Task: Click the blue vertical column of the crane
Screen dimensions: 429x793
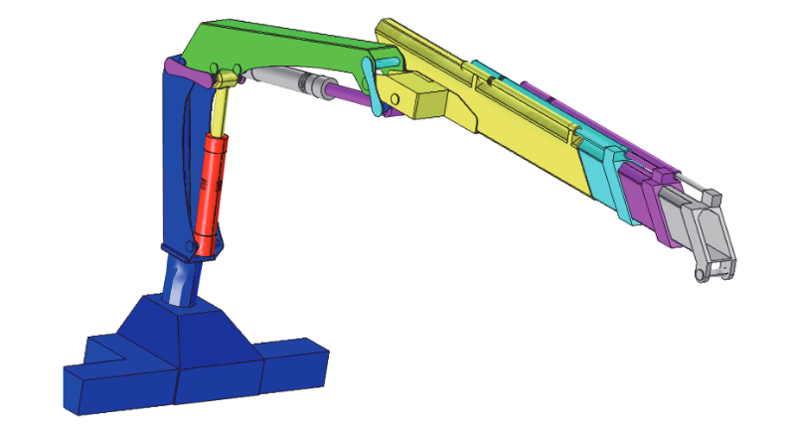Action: pos(184,159)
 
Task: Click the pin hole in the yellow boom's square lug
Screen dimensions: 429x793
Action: pos(396,98)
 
